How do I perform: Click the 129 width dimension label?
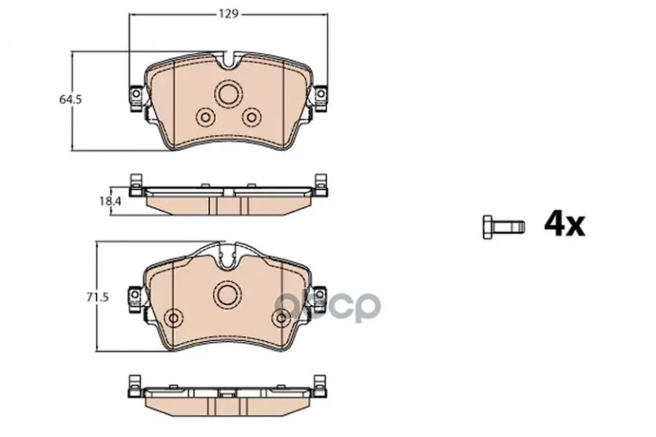tap(229, 14)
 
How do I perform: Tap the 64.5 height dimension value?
tap(71, 99)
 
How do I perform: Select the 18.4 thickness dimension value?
tap(110, 201)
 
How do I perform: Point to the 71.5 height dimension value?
tap(98, 298)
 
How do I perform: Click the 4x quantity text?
tap(564, 225)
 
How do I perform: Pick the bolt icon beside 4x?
tap(503, 227)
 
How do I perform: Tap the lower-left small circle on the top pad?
tap(205, 117)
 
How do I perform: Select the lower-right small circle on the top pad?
tap(252, 117)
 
